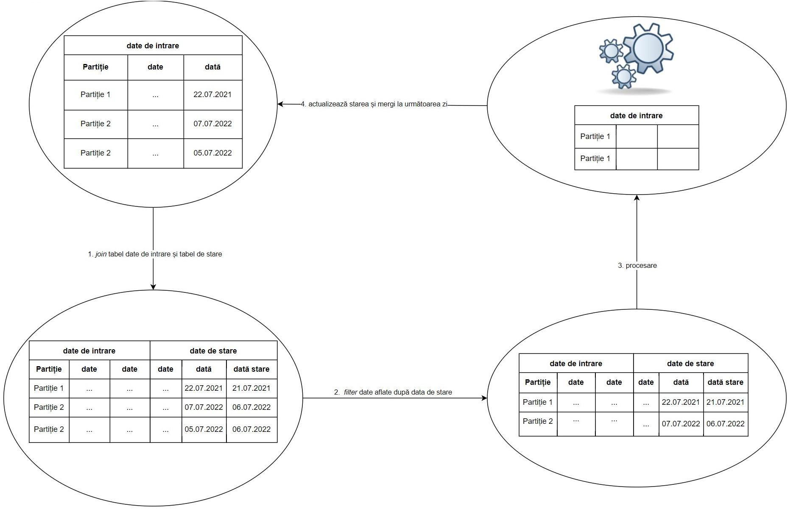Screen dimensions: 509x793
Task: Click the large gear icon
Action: point(648,48)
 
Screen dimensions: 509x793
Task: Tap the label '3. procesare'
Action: point(637,266)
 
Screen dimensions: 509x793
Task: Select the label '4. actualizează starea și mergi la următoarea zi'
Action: point(374,104)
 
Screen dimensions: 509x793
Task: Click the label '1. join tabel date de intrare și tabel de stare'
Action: point(155,254)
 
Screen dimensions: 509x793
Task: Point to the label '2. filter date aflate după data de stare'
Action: point(393,392)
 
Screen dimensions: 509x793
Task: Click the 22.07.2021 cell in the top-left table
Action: point(212,95)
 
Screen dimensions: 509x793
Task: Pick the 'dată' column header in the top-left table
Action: point(212,67)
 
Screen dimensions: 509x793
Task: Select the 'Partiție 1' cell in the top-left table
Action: point(95,95)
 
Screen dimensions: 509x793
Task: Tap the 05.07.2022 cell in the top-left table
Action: point(212,153)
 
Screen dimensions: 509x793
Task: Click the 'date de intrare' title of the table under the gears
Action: point(636,116)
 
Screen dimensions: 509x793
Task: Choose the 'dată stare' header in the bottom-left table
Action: point(251,369)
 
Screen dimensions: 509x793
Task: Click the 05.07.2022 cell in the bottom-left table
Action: point(204,429)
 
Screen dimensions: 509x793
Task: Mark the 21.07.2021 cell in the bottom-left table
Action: point(251,388)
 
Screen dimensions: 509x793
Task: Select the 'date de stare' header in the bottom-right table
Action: point(690,364)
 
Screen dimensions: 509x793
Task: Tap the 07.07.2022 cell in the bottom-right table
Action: point(681,424)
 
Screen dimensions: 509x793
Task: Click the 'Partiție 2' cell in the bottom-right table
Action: point(538,421)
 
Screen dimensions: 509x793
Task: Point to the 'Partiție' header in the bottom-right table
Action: point(538,382)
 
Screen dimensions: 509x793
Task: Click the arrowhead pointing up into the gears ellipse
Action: point(637,198)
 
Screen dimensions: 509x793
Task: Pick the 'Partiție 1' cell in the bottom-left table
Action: point(49,388)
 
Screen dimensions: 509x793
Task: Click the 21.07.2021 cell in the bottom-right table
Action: point(725,402)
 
